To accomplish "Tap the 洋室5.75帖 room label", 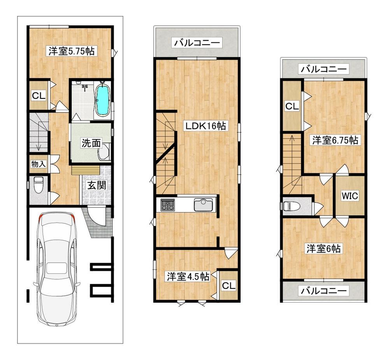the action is tap(72, 51).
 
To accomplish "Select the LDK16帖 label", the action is tap(206, 126).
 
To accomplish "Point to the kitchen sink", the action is tap(203, 205).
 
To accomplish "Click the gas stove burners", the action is tap(168, 205).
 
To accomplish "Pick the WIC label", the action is tap(350, 196).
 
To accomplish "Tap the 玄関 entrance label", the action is tap(97, 185).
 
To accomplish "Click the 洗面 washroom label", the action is tap(91, 143).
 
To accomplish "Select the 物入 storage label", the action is tap(39, 164).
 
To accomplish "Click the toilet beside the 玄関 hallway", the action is tap(38, 185).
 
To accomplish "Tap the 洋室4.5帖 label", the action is tap(188, 277).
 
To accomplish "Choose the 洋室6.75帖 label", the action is tap(335, 140).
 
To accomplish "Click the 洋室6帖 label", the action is tap(324, 249).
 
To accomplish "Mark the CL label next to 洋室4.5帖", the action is tap(228, 286).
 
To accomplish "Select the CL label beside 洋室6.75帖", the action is tap(292, 107).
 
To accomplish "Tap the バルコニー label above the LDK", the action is tap(197, 43).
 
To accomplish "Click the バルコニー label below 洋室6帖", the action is tap(324, 290).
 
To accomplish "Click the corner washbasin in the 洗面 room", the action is tap(104, 151).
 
